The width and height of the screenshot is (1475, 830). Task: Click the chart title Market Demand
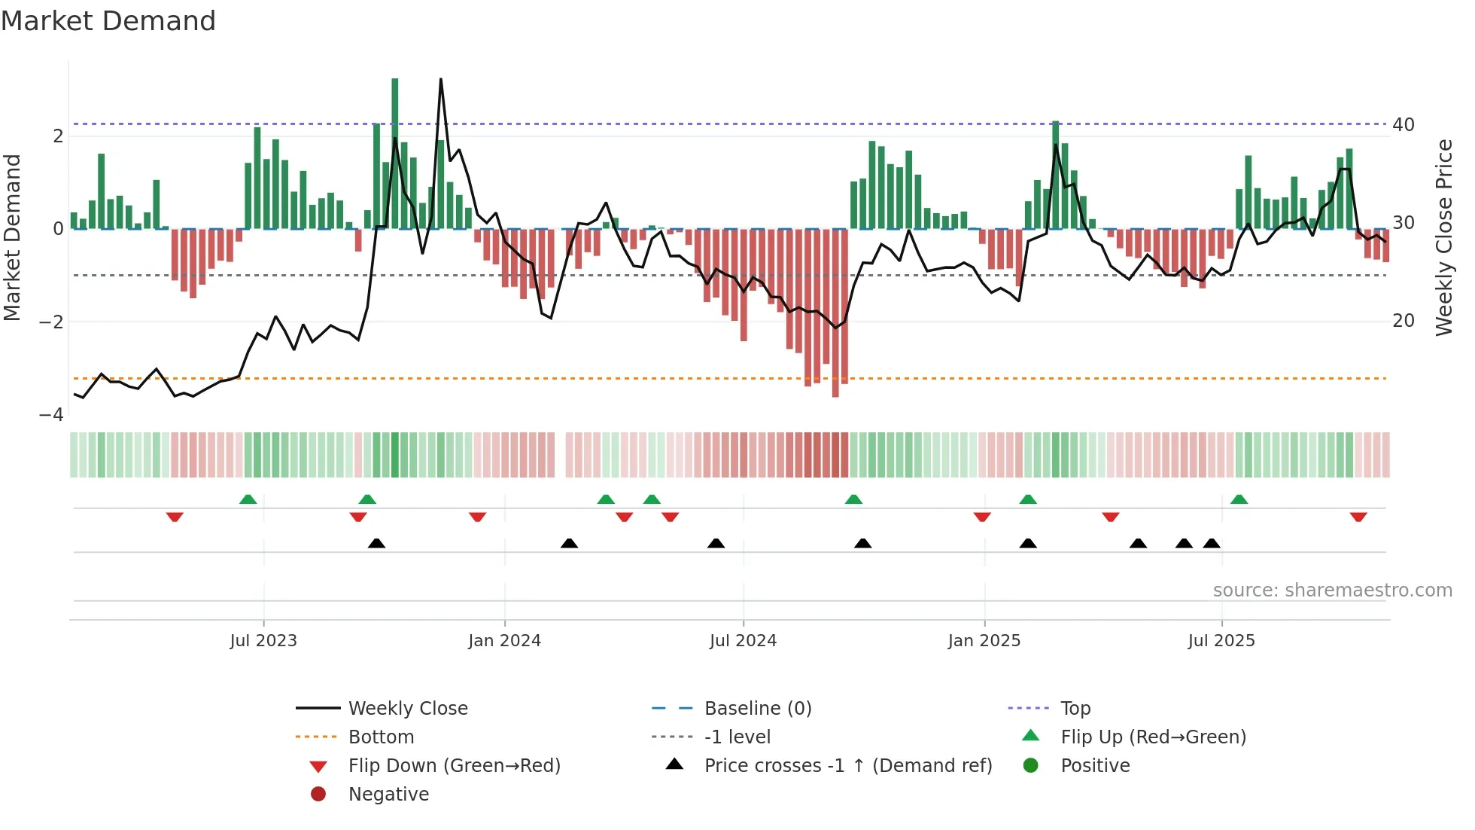coord(108,21)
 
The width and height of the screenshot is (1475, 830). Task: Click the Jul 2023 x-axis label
coord(263,641)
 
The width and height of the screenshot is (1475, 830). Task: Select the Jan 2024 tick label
coord(504,641)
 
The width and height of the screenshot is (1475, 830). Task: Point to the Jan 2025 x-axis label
coord(984,641)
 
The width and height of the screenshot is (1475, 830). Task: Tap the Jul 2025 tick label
coord(1221,641)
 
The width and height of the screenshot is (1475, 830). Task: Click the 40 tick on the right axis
coord(1403,125)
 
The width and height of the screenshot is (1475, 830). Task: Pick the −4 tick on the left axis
coord(51,415)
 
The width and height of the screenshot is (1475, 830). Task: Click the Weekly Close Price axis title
coord(1443,237)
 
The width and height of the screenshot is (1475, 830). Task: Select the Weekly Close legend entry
coord(407,709)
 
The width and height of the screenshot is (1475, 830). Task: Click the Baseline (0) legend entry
coord(757,709)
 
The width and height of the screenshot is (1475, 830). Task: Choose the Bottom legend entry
coord(381,737)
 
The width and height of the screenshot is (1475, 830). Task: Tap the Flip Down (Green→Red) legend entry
coord(454,766)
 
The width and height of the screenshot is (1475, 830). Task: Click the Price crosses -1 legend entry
coord(847,766)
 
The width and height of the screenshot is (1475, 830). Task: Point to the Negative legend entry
coord(388,795)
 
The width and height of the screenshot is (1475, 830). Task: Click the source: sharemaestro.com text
coord(1332,590)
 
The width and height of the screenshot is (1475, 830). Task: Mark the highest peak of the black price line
coord(440,79)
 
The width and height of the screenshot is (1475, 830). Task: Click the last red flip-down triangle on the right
coord(1358,517)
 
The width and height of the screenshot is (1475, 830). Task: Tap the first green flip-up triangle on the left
coord(248,499)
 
